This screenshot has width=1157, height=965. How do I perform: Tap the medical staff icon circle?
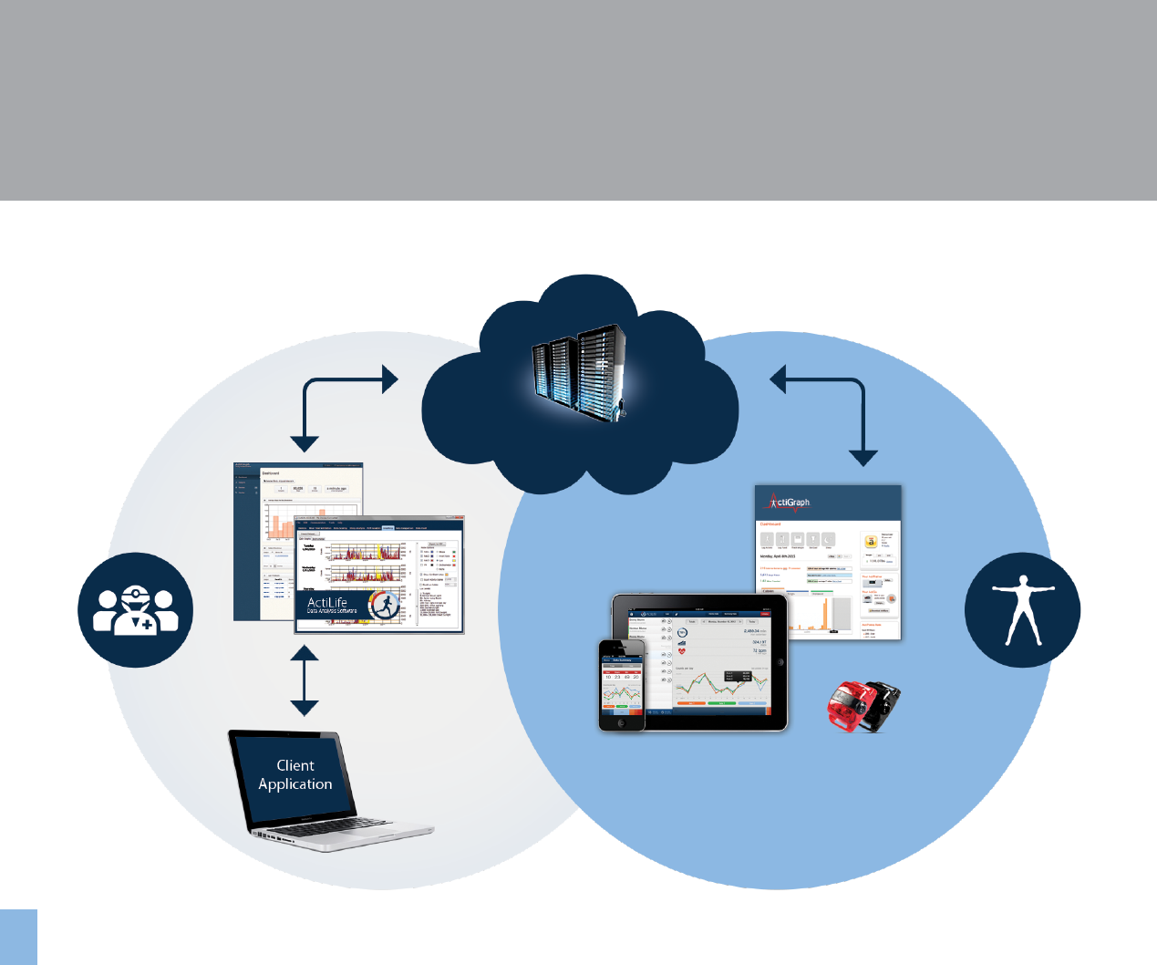[135, 609]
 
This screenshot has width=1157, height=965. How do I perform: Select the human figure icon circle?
[1022, 609]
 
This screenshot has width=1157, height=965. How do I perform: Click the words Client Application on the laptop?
[294, 774]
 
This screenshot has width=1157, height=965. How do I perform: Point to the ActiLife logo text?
[328, 604]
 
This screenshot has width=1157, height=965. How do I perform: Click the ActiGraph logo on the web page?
[789, 502]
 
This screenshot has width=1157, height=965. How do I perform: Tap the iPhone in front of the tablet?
[622, 684]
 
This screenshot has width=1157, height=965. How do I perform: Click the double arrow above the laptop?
[305, 680]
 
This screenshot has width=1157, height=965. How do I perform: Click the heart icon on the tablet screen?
[681, 651]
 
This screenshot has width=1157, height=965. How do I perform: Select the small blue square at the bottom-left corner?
[18, 937]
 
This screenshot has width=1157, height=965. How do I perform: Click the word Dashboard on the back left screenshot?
[271, 473]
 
